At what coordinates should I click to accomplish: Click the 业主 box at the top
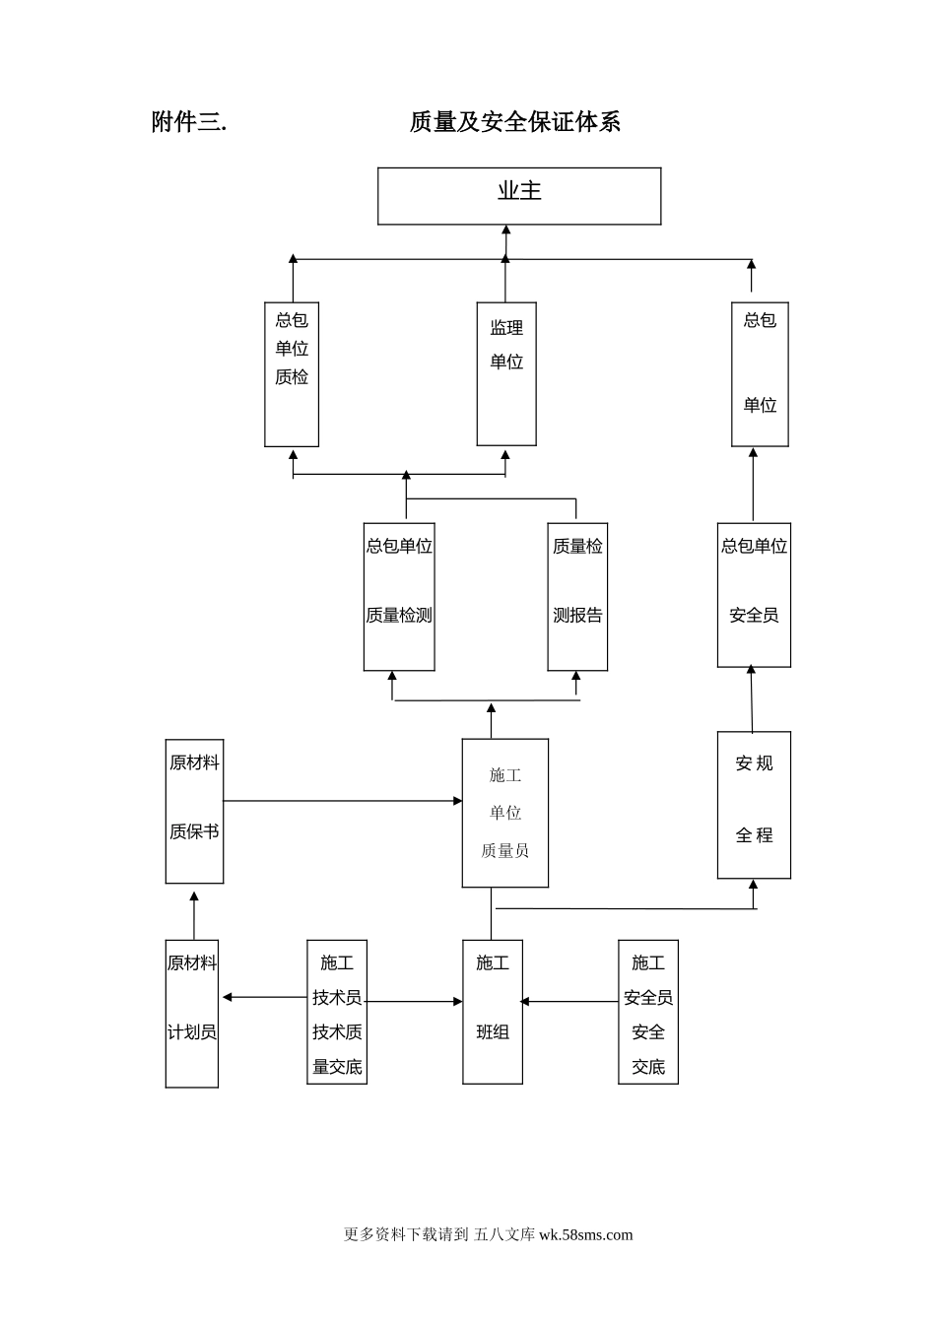(x=519, y=195)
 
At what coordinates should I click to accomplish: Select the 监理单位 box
(x=506, y=373)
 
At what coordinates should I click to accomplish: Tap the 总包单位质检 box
(x=292, y=373)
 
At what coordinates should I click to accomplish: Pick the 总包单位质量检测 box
(x=399, y=596)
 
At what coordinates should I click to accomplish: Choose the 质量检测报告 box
(x=577, y=596)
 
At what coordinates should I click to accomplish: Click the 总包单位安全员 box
(x=754, y=594)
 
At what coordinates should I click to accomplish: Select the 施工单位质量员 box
(x=505, y=813)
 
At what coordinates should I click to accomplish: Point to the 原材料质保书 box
(x=194, y=811)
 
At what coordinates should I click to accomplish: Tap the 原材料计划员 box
(x=192, y=1013)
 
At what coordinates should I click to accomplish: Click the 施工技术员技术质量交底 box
(x=337, y=1012)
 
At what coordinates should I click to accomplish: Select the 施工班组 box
(x=493, y=1012)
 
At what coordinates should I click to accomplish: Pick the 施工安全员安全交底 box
(x=648, y=1012)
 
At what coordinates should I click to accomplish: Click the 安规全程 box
(x=754, y=805)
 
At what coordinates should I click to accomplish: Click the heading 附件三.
(x=189, y=122)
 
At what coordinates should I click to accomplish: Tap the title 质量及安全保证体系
(x=514, y=122)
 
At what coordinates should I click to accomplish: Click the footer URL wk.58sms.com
(x=585, y=1234)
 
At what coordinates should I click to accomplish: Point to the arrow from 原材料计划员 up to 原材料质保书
(x=194, y=915)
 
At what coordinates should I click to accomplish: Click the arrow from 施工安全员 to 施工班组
(x=569, y=1001)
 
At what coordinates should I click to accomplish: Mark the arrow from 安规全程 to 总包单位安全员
(x=752, y=699)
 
